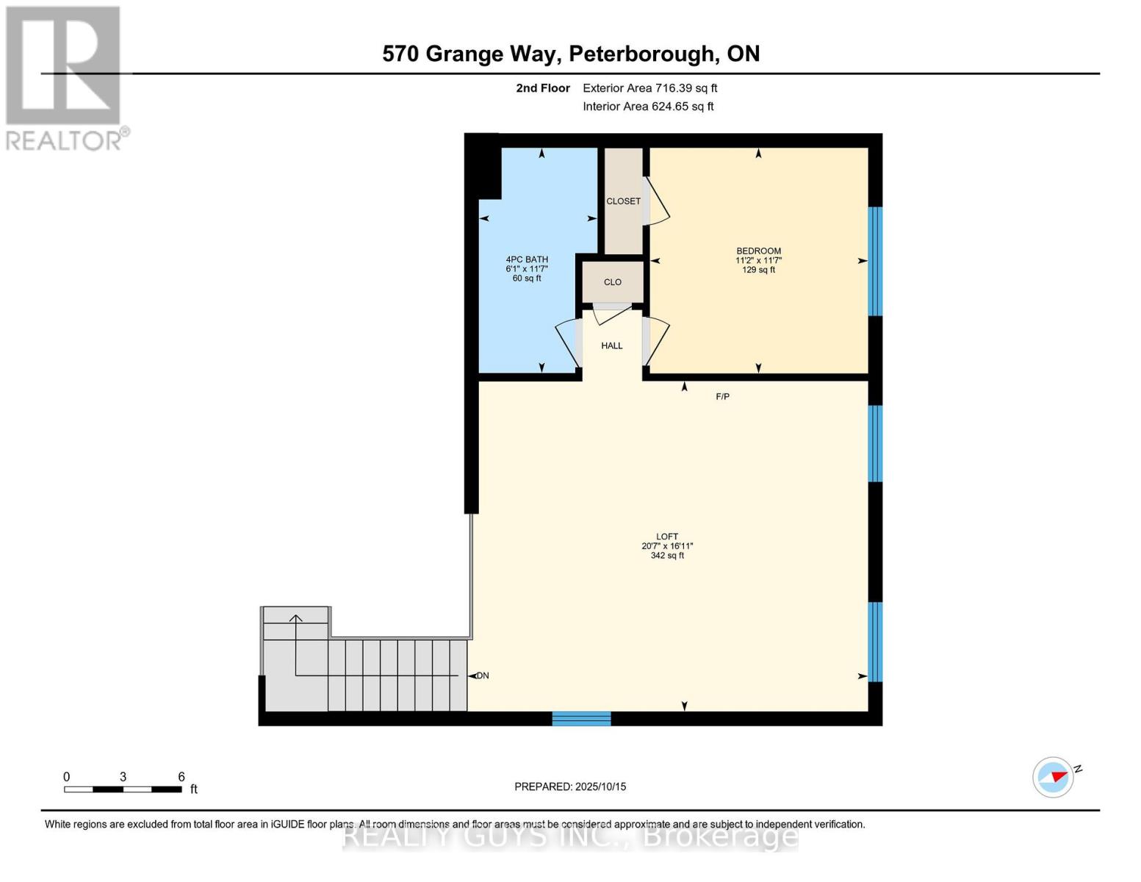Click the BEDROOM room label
(758, 251)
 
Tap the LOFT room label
(667, 537)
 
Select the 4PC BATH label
(527, 259)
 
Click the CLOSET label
(623, 201)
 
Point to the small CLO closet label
(613, 282)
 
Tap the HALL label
(612, 345)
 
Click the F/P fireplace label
(723, 397)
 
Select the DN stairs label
(483, 675)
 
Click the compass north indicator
(1054, 777)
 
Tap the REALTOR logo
(65, 77)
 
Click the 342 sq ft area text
(667, 556)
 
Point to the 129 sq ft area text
(758, 270)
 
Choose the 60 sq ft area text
(527, 279)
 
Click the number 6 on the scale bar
(181, 777)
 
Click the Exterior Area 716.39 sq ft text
(649, 88)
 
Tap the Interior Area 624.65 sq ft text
(648, 107)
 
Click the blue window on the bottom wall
(581, 719)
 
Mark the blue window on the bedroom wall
(875, 261)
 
